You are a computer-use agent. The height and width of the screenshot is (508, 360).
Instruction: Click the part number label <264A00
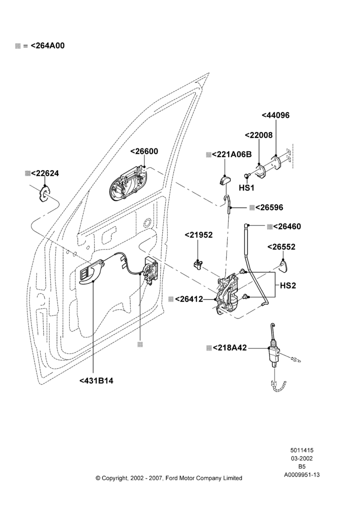click(47, 46)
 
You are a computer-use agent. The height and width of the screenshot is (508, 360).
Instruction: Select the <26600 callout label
click(144, 151)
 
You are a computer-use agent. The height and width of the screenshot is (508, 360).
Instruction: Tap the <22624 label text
click(45, 173)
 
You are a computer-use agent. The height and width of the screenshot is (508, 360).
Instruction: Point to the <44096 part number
click(276, 115)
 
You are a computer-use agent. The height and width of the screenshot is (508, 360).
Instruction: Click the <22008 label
click(259, 135)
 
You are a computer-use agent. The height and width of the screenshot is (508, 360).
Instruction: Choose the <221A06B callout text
click(231, 154)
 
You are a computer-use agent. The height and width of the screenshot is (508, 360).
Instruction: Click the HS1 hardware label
click(247, 188)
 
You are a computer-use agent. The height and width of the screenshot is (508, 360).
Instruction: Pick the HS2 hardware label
click(288, 285)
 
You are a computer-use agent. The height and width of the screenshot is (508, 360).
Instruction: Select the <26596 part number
click(269, 208)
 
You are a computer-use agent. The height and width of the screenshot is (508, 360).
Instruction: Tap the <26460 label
click(287, 227)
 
